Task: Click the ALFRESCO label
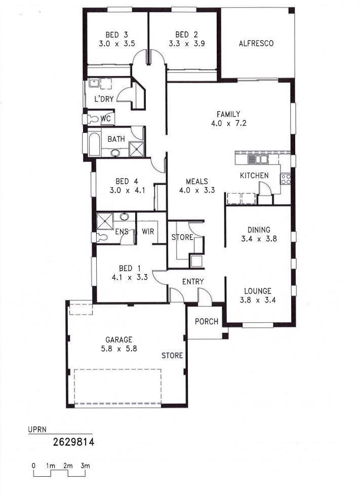(x=256, y=43)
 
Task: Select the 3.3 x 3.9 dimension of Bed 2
(x=187, y=44)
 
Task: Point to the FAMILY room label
(x=228, y=114)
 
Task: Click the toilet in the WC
(x=92, y=119)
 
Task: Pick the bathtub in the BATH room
(x=94, y=144)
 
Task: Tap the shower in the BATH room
(x=137, y=149)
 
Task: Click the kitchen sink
(x=258, y=159)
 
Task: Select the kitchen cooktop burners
(x=286, y=179)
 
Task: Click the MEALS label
(x=197, y=181)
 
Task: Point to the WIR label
(x=148, y=232)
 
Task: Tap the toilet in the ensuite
(x=102, y=238)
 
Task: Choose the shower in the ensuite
(x=105, y=221)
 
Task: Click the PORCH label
(x=207, y=321)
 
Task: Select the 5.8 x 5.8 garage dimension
(x=119, y=349)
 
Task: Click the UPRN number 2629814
(x=73, y=442)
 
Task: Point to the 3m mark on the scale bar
(x=85, y=466)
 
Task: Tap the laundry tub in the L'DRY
(x=94, y=83)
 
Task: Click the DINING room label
(x=259, y=229)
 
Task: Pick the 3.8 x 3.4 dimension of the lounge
(x=258, y=300)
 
